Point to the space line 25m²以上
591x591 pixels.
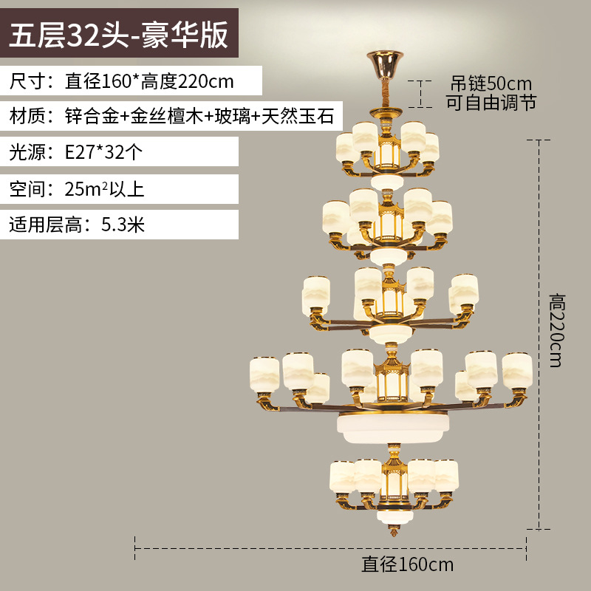pyautogui.click(x=77, y=188)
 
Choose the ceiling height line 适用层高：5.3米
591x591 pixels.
pyautogui.click(x=77, y=225)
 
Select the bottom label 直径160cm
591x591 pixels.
pyautogui.click(x=407, y=565)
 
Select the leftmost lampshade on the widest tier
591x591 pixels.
pyautogui.click(x=264, y=375)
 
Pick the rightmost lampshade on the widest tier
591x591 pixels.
pyautogui.click(x=517, y=371)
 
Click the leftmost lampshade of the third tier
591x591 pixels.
pyautogui.click(x=316, y=295)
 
